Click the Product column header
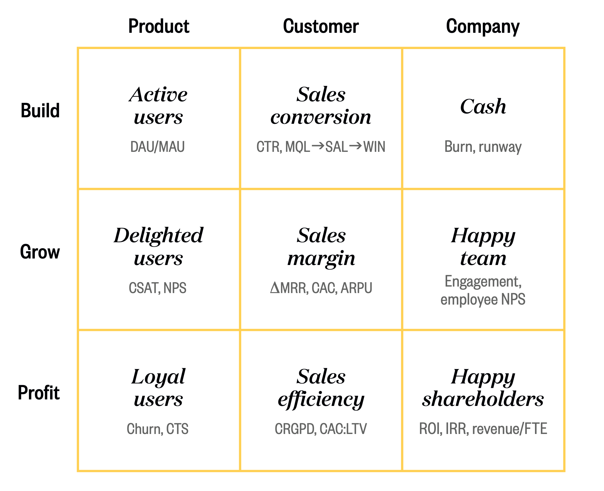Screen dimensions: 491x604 [x=159, y=26]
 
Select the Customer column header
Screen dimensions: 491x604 [x=321, y=26]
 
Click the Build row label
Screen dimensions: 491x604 [x=40, y=110]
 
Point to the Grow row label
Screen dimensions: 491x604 [x=40, y=252]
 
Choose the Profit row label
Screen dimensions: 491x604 [x=39, y=393]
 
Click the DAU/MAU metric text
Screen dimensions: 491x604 [x=157, y=147]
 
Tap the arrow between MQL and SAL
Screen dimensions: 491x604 [x=318, y=145]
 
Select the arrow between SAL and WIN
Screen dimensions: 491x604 [x=355, y=145]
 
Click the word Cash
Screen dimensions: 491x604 [x=483, y=106]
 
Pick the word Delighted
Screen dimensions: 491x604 [x=159, y=235]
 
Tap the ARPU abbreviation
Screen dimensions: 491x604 [x=356, y=288]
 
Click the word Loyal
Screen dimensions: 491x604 [x=159, y=377]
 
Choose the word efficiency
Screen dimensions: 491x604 [x=321, y=400]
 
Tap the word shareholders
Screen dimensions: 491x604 [x=483, y=399]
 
